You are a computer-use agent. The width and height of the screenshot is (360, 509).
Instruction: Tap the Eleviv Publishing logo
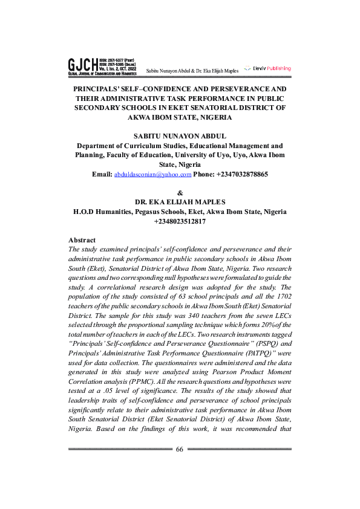pyautogui.click(x=267, y=68)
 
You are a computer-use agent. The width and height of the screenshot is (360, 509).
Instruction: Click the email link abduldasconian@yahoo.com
pyautogui.click(x=152, y=174)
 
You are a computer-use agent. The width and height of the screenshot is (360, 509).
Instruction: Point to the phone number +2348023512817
pyautogui.click(x=180, y=221)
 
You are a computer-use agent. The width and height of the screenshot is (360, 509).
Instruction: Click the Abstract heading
pyautogui.click(x=82, y=240)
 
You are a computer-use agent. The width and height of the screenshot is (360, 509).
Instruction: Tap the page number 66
pyautogui.click(x=180, y=450)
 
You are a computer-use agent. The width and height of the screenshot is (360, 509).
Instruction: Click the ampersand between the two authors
pyautogui.click(x=180, y=193)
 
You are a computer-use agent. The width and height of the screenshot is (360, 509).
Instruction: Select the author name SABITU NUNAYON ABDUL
pyautogui.click(x=180, y=136)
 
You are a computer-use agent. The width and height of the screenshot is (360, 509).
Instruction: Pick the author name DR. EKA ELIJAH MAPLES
pyautogui.click(x=180, y=202)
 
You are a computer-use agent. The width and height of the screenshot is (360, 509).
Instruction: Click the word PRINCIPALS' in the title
pyautogui.click(x=100, y=88)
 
